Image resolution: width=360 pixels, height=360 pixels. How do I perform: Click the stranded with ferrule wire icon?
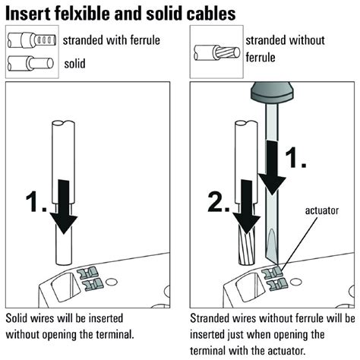(x=30, y=39)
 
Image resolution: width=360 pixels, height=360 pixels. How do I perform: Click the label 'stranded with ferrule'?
(x=111, y=39)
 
